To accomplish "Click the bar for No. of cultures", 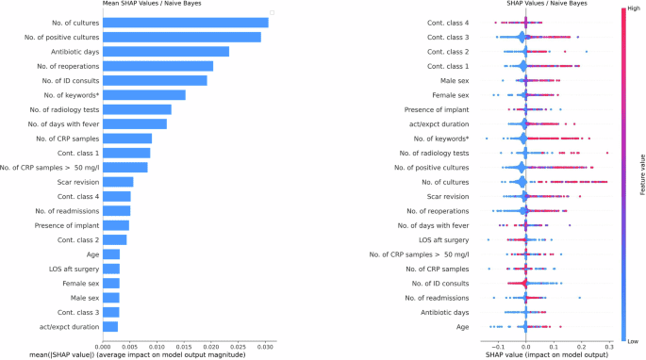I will [x=185, y=22].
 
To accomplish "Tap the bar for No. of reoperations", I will [x=157, y=66].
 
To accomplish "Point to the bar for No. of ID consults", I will [x=155, y=80].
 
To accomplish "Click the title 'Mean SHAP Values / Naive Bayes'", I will [x=157, y=4].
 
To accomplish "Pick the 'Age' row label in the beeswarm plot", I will [x=462, y=325].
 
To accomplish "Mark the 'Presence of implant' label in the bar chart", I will [x=66, y=225].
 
